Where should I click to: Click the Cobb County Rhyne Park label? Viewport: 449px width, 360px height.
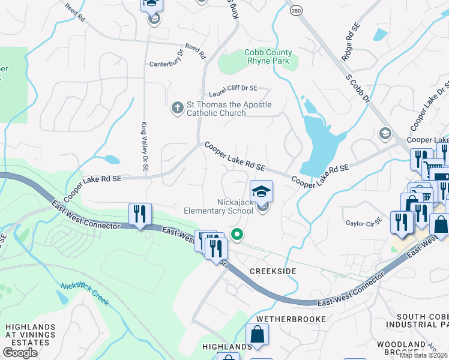pos(268,57)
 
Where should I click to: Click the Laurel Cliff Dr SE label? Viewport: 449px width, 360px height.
pos(232,94)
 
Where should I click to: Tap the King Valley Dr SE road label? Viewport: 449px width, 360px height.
pos(144,148)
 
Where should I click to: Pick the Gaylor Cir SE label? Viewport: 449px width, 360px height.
pos(364,222)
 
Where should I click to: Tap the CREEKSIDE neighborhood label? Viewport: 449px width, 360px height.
pos(273,272)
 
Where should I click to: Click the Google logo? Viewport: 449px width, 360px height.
pos(20,353)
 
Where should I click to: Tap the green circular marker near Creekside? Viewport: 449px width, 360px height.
pos(238,235)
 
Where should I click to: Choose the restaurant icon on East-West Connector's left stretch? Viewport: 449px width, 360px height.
pos(140,214)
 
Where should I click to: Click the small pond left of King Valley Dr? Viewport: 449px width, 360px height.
pos(111,160)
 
